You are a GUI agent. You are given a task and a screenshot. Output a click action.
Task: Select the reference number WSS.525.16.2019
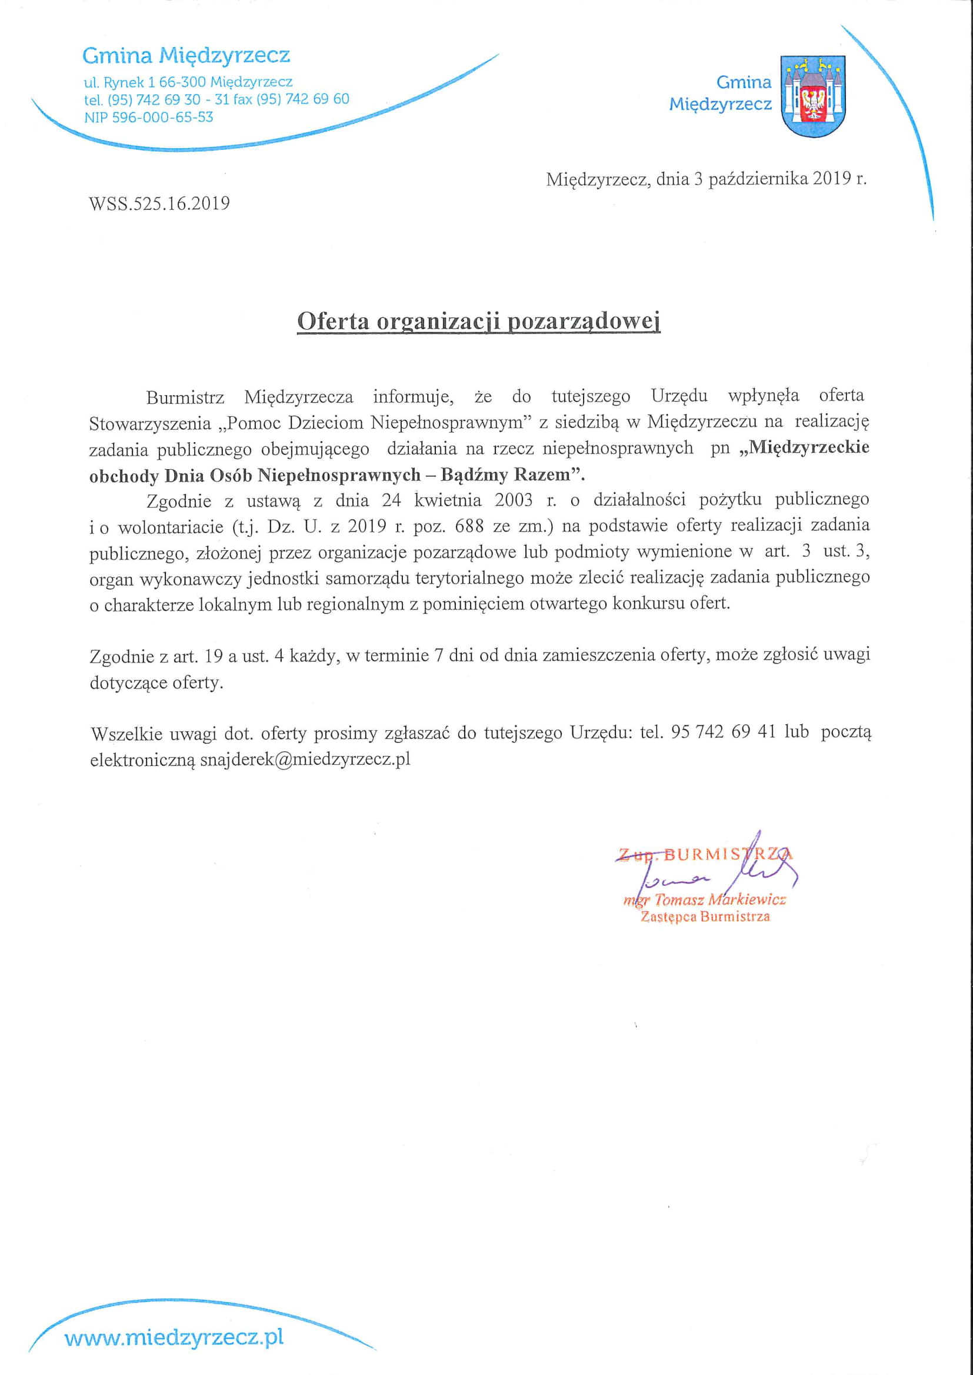click(x=159, y=203)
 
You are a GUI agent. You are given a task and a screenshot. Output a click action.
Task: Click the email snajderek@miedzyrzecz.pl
click(x=305, y=760)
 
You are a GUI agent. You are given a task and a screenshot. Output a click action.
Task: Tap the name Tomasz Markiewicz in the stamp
click(x=719, y=899)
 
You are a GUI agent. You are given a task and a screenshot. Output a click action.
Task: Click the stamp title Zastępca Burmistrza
click(x=705, y=917)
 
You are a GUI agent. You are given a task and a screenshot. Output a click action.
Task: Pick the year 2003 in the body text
click(x=514, y=500)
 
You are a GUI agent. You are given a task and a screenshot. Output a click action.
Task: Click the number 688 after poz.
click(x=469, y=526)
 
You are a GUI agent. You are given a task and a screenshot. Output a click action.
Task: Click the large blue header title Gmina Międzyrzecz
click(x=186, y=56)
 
